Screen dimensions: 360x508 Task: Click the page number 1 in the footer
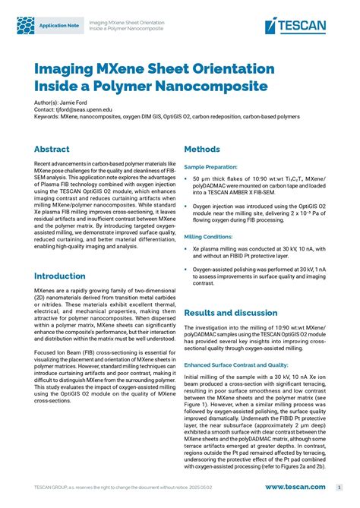point(339,487)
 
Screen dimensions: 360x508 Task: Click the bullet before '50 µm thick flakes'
point(186,178)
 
